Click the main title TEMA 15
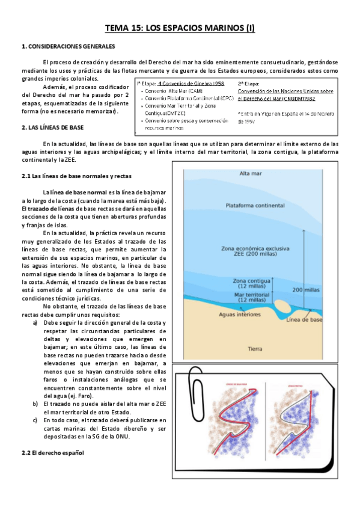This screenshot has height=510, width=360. [180, 28]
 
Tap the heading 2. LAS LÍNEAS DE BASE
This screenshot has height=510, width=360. [52, 127]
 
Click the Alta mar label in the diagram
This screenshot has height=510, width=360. [252, 174]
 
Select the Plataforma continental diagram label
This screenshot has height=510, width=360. [256, 206]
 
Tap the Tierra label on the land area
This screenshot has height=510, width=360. [255, 348]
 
